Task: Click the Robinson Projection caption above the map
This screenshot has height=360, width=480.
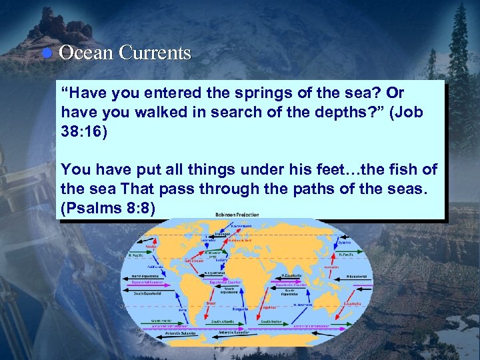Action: click(237, 215)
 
